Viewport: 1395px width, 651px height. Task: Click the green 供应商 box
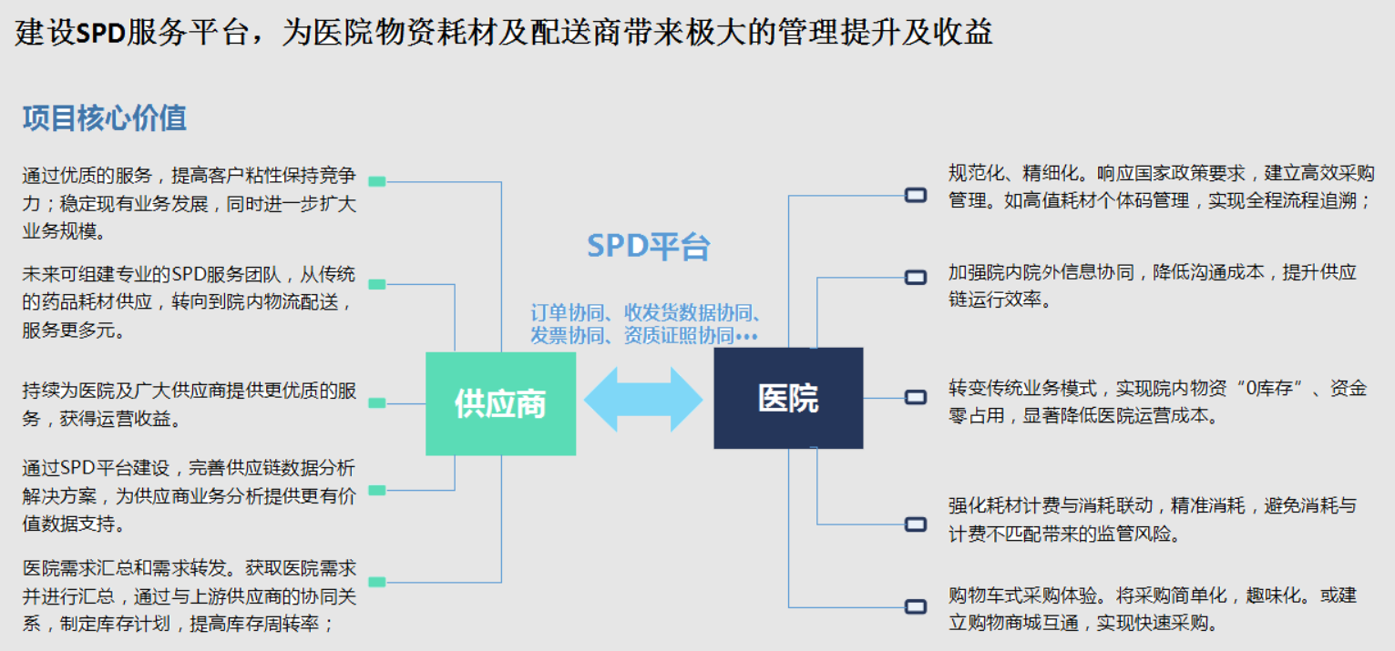(501, 403)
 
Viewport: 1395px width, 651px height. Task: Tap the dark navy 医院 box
(788, 398)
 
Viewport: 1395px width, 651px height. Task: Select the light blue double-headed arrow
(643, 400)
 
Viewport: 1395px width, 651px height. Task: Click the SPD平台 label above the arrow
(649, 246)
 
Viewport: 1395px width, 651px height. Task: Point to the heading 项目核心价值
(105, 117)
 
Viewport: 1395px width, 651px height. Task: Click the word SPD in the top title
(101, 33)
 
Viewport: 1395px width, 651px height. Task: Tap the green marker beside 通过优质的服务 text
(377, 181)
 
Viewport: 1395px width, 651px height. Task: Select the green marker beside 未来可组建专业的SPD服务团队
(377, 284)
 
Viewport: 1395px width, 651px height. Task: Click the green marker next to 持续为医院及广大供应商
(377, 403)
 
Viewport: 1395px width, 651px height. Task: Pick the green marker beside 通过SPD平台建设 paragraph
(377, 491)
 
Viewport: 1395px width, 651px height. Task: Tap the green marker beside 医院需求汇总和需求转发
(377, 582)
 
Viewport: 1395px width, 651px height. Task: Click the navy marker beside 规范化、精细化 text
(916, 196)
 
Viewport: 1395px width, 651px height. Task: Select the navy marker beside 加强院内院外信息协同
(916, 277)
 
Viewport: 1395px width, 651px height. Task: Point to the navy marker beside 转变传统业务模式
(916, 397)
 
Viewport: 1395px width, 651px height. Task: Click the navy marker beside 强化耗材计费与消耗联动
(916, 524)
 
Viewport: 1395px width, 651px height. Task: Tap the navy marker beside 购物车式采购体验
(916, 606)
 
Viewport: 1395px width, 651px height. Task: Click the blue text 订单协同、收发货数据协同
(645, 312)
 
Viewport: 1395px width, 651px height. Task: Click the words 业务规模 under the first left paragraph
(59, 231)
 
